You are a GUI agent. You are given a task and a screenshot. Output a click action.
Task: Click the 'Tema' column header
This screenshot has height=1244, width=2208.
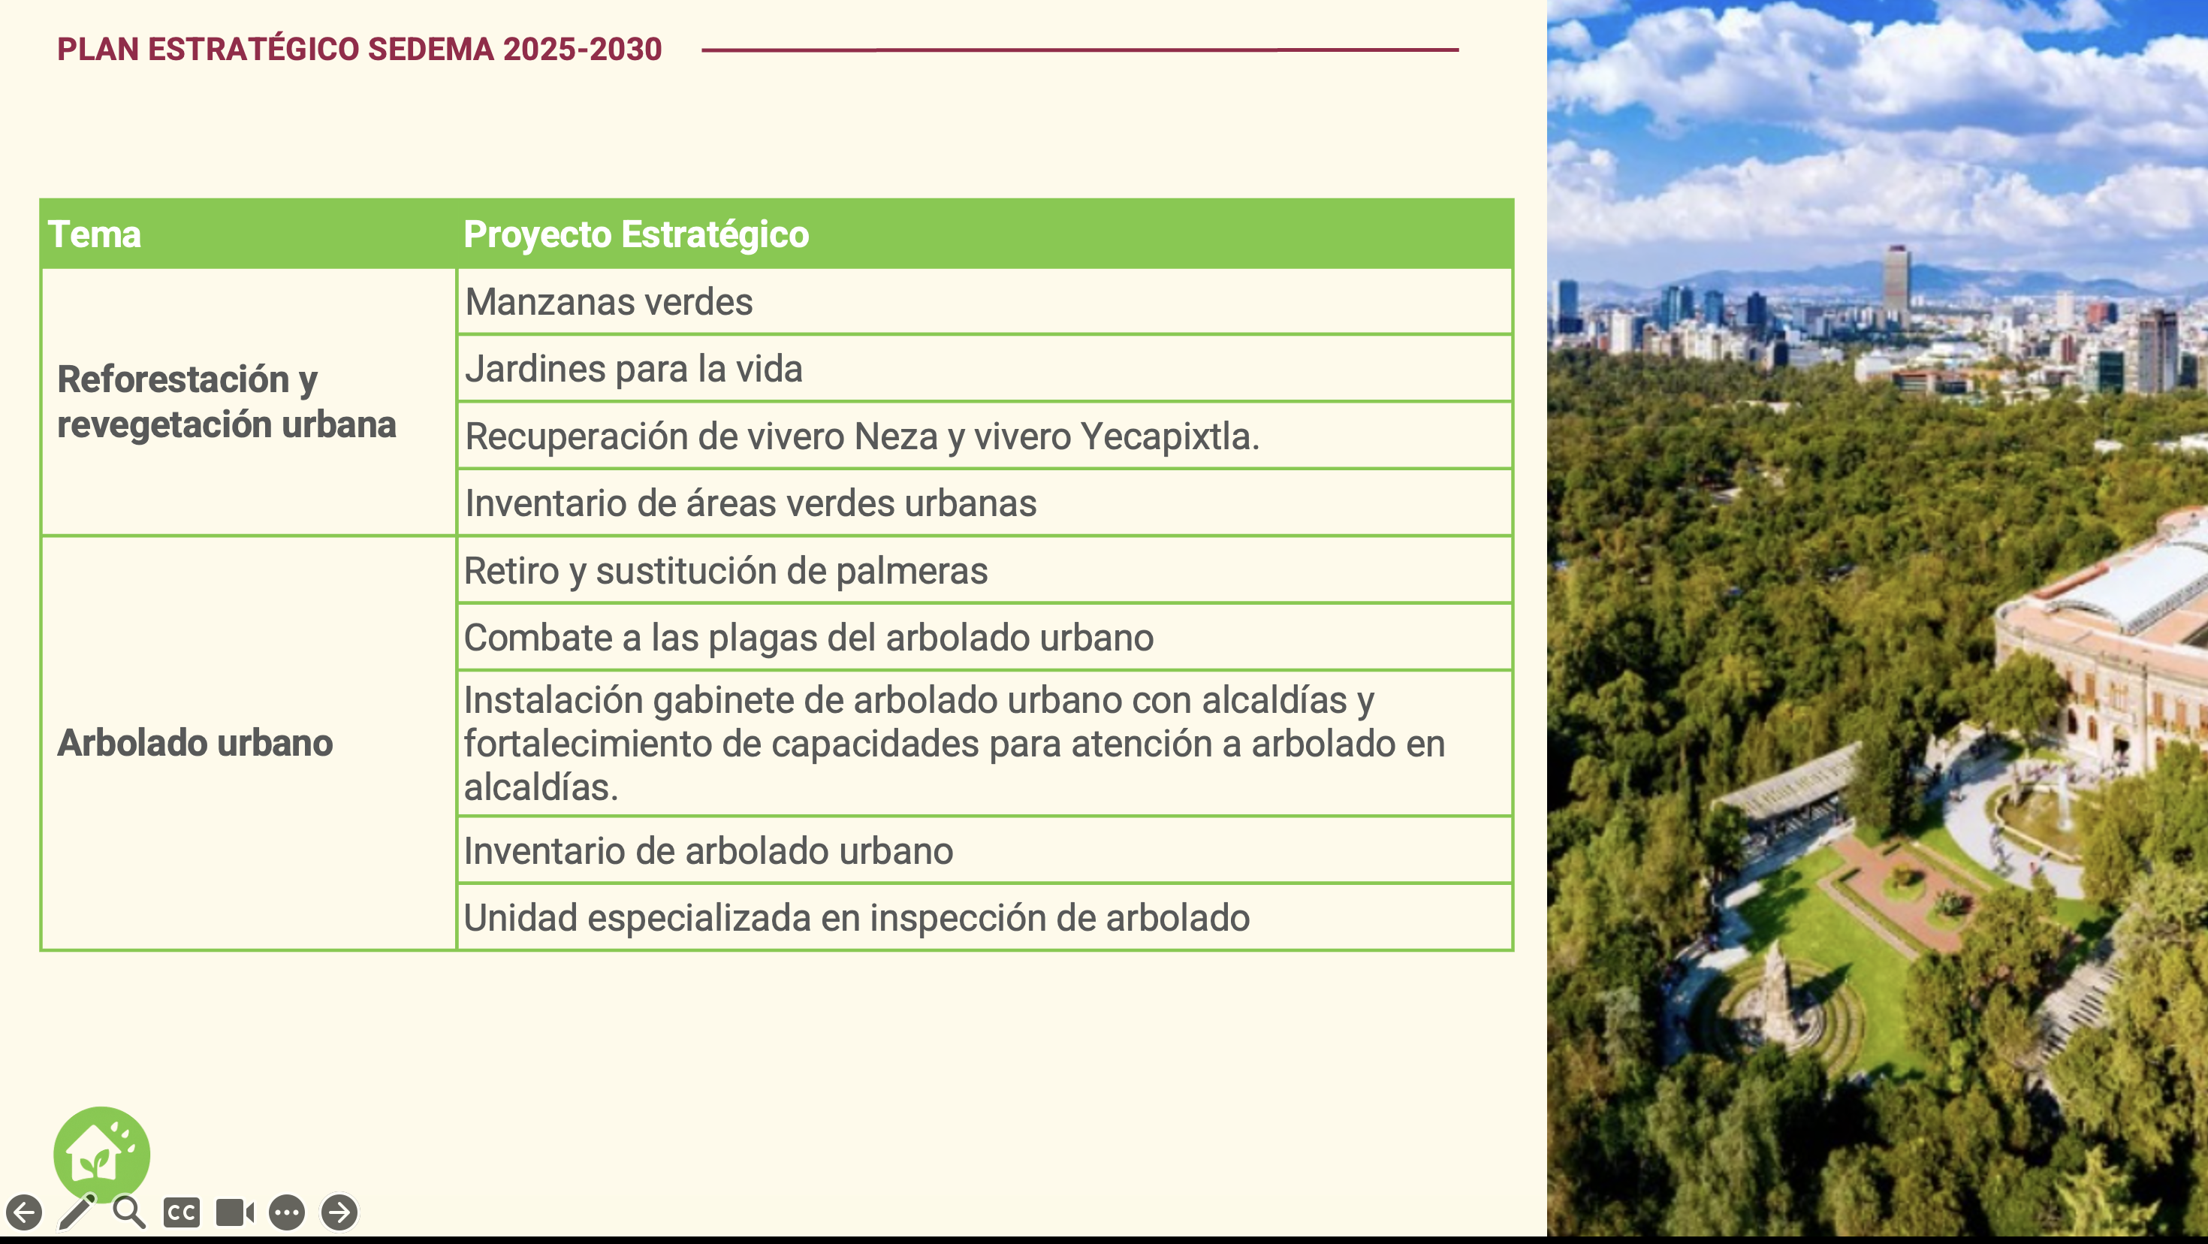pyautogui.click(x=95, y=234)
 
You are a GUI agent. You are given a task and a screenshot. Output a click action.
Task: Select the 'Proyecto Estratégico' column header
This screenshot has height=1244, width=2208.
pyautogui.click(x=635, y=234)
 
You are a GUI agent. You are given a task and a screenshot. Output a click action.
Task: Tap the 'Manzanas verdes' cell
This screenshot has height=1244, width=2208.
pyautogui.click(x=608, y=302)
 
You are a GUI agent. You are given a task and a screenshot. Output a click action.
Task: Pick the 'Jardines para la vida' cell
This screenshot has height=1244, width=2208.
pyautogui.click(x=633, y=369)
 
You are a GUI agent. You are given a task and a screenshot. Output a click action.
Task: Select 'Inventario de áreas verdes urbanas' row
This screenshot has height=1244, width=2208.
pyautogui.click(x=750, y=503)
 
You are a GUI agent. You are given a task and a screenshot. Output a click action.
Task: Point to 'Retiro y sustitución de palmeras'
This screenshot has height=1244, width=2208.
pyautogui.click(x=725, y=571)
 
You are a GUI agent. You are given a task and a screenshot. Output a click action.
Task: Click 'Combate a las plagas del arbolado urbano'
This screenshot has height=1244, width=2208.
pyautogui.click(x=808, y=638)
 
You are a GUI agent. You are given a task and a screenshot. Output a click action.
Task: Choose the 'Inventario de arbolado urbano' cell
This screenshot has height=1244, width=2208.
pyautogui.click(x=708, y=851)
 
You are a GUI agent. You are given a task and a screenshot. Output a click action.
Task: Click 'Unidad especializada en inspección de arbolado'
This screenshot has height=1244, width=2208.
pyautogui.click(x=856, y=918)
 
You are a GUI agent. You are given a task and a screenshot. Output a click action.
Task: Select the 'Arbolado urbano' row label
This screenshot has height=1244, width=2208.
pyautogui.click(x=195, y=743)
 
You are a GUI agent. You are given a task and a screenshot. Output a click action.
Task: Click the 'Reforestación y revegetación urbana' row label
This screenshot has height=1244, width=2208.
pyautogui.click(x=226, y=402)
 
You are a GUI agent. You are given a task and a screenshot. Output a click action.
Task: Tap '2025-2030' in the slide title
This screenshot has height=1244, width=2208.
pyautogui.click(x=582, y=50)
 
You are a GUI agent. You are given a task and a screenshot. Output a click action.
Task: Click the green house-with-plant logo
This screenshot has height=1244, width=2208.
pyautogui.click(x=101, y=1153)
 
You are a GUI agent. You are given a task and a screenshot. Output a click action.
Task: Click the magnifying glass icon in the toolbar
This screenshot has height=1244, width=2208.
pyautogui.click(x=128, y=1212)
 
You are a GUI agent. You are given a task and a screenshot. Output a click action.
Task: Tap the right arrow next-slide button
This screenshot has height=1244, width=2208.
pyautogui.click(x=339, y=1212)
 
